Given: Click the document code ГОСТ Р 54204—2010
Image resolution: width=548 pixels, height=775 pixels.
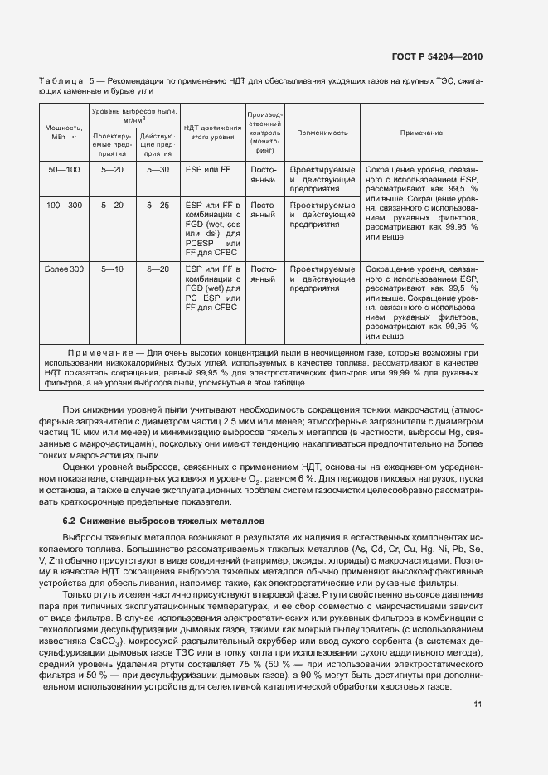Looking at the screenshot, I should pyautogui.click(x=437, y=57).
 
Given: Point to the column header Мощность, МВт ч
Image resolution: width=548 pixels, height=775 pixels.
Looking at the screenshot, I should pyautogui.click(x=62, y=133).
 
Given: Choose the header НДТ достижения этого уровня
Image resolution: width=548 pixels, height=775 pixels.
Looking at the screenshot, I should pyautogui.click(x=212, y=133).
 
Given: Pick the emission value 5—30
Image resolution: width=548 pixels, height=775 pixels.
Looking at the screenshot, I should pyautogui.click(x=158, y=169).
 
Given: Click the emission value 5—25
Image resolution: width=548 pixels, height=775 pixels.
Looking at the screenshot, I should pyautogui.click(x=158, y=204).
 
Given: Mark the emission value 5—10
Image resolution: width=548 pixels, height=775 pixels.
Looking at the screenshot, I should pyautogui.click(x=112, y=269).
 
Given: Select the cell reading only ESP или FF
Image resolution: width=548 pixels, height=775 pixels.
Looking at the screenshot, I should pyautogui.click(x=207, y=169).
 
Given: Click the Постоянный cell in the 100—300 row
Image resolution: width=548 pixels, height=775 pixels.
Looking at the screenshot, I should pyautogui.click(x=263, y=209).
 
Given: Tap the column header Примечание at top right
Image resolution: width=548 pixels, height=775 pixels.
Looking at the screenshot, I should pyautogui.click(x=421, y=133).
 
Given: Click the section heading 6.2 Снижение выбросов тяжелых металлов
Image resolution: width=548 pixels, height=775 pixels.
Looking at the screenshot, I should pyautogui.click(x=163, y=521).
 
